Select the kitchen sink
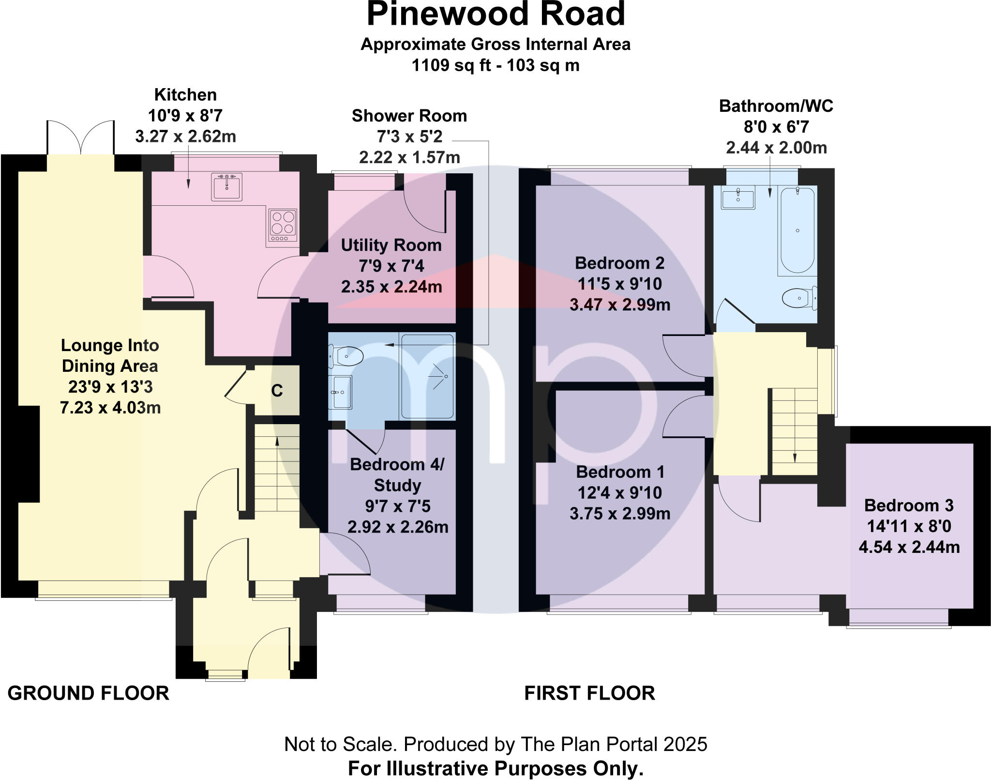[226, 186]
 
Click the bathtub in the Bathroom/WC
[797, 230]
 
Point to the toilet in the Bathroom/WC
[798, 298]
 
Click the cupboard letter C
[277, 391]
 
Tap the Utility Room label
[391, 245]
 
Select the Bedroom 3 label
[909, 505]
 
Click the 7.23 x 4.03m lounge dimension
[110, 408]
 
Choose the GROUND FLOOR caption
[89, 693]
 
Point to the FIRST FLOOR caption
[589, 693]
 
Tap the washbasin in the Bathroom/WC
[737, 199]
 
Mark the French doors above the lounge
[81, 138]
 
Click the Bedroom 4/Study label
[397, 474]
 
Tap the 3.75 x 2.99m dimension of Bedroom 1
[619, 514]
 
